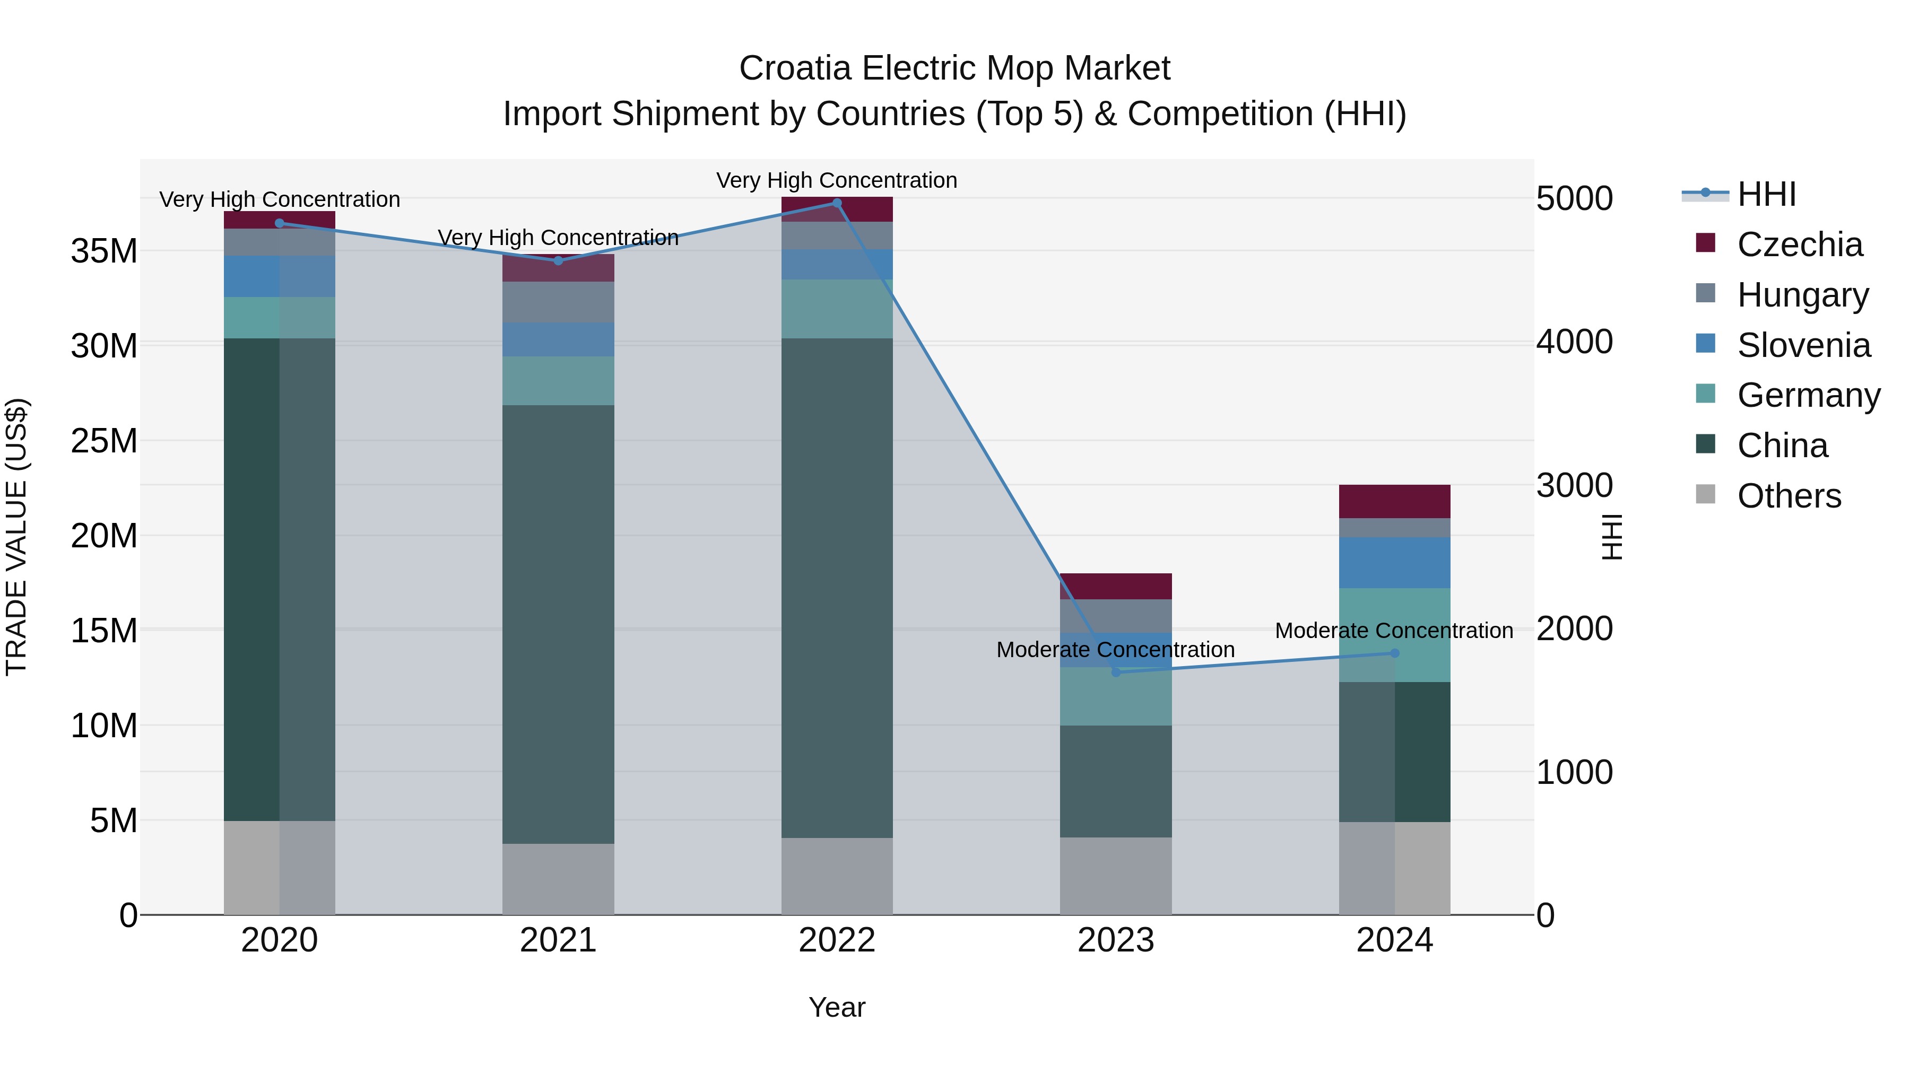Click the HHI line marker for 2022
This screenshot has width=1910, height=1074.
(x=837, y=203)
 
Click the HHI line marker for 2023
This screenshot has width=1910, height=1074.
(x=1116, y=673)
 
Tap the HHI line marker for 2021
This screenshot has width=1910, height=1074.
(x=558, y=261)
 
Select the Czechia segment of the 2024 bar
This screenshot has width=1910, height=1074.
(x=1395, y=502)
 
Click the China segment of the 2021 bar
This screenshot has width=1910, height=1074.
(x=558, y=624)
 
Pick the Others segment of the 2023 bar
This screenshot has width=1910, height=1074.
(x=1116, y=876)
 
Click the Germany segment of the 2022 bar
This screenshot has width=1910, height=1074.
(x=837, y=309)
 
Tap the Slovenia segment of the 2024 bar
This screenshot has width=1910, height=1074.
(x=1395, y=563)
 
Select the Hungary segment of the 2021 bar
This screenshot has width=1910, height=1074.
(x=558, y=302)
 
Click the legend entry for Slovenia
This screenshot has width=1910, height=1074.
(x=1803, y=345)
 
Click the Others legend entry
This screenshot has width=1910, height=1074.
(x=1789, y=496)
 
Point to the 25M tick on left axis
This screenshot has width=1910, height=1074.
(x=104, y=441)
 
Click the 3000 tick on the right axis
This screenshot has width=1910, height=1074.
(x=1574, y=485)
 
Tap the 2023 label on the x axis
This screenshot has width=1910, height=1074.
(x=1116, y=940)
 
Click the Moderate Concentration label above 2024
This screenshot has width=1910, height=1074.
(x=1394, y=631)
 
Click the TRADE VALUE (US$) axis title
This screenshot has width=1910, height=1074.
(x=16, y=537)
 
